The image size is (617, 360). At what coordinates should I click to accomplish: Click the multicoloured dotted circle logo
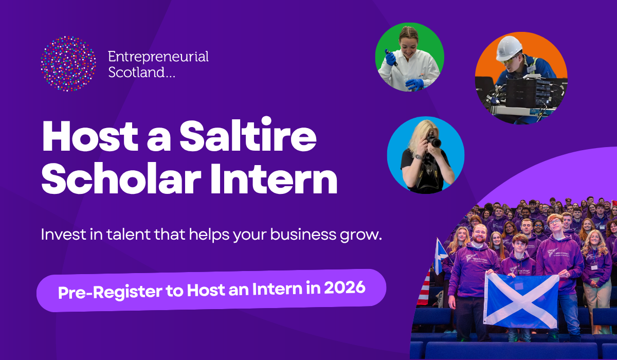[x=68, y=64]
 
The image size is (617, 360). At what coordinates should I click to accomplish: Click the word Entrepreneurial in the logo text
[x=158, y=57]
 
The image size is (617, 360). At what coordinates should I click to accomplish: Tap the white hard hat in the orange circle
[x=509, y=47]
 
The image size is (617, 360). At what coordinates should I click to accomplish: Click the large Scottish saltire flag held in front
[x=521, y=300]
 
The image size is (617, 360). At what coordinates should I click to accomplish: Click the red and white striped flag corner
[x=425, y=289]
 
